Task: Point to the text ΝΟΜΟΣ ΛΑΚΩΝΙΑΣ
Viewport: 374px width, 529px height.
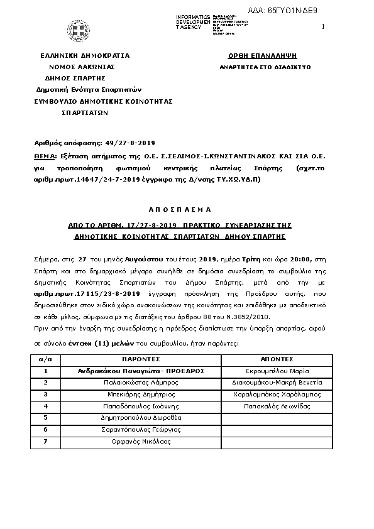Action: click(82, 67)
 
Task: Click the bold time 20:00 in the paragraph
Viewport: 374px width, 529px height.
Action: click(282, 258)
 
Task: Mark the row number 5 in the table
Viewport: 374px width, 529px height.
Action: click(45, 418)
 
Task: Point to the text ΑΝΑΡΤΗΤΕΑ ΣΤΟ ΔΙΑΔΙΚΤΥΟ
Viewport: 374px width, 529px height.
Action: click(257, 66)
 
